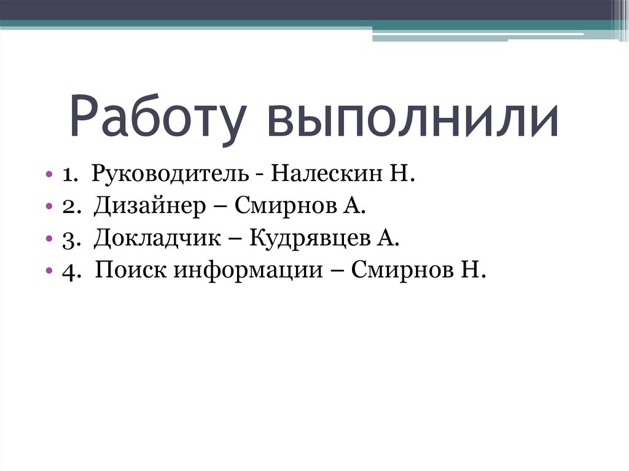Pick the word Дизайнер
coord(150,207)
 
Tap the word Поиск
coord(131,271)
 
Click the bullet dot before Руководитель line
coord(49,176)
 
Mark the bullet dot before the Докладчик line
coord(49,239)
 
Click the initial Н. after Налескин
coord(400,175)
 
